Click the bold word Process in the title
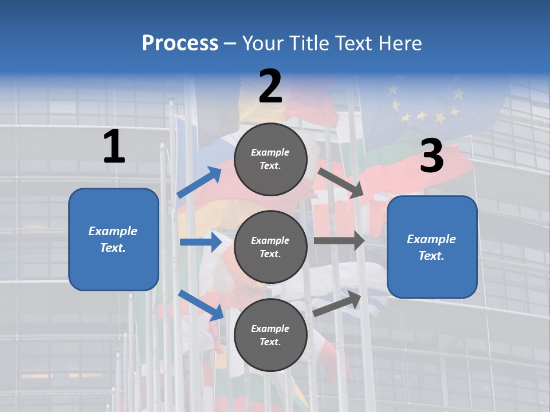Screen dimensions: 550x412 click(x=180, y=43)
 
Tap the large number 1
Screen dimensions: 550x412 click(x=114, y=147)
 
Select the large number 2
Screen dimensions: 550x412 click(x=270, y=86)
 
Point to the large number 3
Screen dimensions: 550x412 click(x=431, y=156)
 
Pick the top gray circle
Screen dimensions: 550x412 click(x=270, y=159)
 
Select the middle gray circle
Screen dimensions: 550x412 click(x=270, y=247)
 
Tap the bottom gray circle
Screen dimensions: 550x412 click(x=270, y=335)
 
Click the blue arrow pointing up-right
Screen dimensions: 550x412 click(x=199, y=183)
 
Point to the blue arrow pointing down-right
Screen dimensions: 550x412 click(x=201, y=305)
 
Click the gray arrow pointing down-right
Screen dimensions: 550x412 click(x=341, y=183)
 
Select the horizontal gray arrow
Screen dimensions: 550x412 click(x=339, y=241)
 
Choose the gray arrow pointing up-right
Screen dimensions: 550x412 click(x=337, y=303)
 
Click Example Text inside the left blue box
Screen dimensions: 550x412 click(x=113, y=239)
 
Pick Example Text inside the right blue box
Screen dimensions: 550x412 click(x=431, y=247)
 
